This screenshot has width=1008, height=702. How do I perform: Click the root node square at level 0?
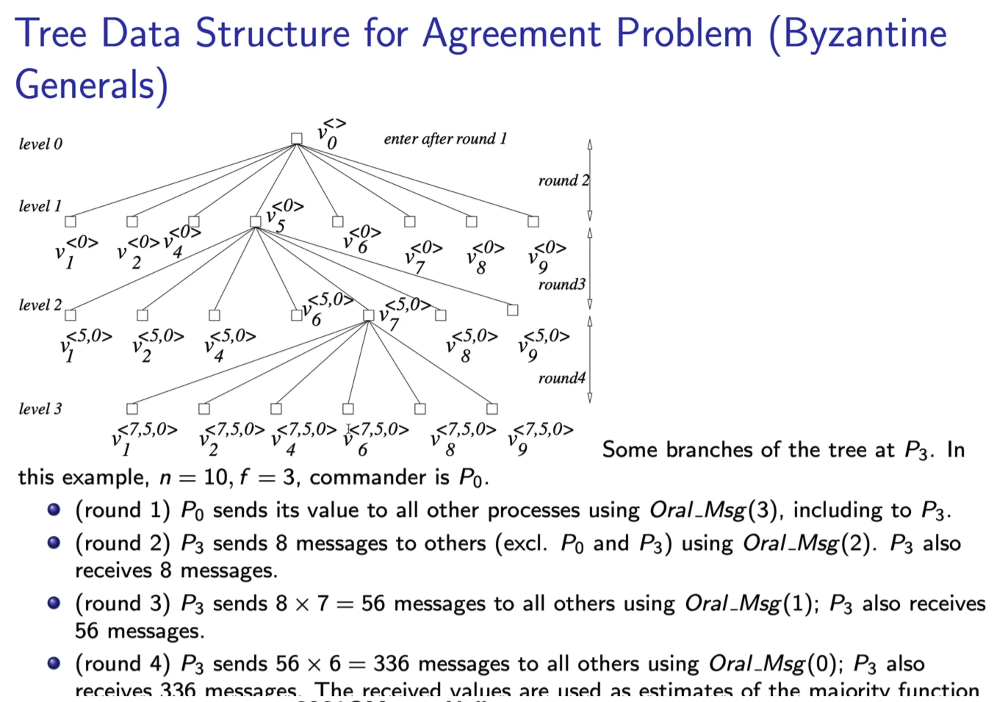(x=297, y=139)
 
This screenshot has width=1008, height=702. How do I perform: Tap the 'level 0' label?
(x=40, y=144)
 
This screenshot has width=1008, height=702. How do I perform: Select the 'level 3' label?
(x=40, y=409)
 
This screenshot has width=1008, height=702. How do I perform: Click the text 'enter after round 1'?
(x=445, y=139)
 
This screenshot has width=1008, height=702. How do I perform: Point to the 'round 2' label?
(x=563, y=180)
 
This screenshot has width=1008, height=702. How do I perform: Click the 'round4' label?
(x=562, y=378)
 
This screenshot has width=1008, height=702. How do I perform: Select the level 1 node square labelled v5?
(x=256, y=222)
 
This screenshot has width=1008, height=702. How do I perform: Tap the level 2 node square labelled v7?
(x=369, y=315)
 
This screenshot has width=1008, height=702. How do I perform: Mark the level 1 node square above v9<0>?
(x=533, y=222)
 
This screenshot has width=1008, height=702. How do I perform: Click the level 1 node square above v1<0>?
(x=70, y=222)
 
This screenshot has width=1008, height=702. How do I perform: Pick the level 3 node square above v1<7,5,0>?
(x=132, y=409)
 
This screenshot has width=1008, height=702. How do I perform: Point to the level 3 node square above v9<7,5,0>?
(x=492, y=409)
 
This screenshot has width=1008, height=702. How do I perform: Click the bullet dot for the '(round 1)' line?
(x=54, y=510)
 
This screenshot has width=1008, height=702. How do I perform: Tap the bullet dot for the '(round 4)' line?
(x=54, y=663)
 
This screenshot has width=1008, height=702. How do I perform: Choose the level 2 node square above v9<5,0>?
(x=513, y=310)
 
